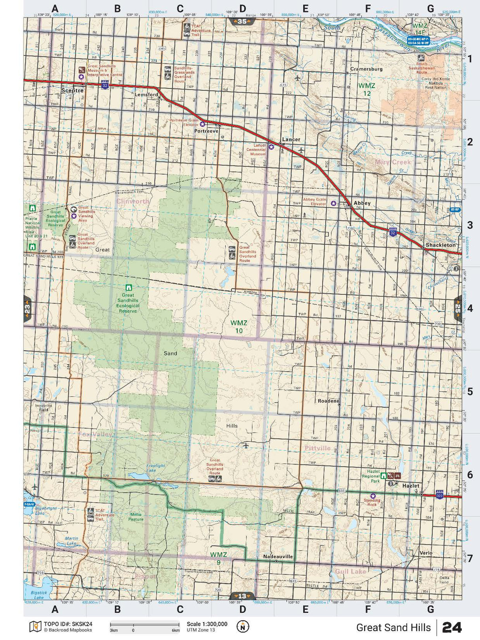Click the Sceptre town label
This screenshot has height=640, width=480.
point(72,91)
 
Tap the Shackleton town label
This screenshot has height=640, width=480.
point(440,245)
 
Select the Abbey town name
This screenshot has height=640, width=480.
point(362,203)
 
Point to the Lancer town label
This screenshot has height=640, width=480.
point(291,139)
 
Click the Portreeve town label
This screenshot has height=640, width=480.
point(206,131)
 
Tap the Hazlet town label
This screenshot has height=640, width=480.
point(410,485)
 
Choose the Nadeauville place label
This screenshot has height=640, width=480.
point(278,556)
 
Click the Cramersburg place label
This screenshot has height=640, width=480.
point(366,69)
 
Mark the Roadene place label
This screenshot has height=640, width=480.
point(328,401)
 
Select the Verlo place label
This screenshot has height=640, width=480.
point(426,553)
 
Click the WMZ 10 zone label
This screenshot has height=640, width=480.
point(239,327)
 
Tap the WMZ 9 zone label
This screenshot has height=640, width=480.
point(218,558)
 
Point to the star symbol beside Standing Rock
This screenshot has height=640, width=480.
point(372,496)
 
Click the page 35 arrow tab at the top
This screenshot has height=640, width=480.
point(242,21)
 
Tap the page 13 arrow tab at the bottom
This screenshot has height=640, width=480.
point(242,596)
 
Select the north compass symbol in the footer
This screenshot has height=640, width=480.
point(243,627)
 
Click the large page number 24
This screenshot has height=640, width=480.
point(452,627)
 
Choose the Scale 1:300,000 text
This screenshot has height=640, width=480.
point(207,624)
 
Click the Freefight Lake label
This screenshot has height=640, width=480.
point(155,468)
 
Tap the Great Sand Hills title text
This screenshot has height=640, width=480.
point(393,627)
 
